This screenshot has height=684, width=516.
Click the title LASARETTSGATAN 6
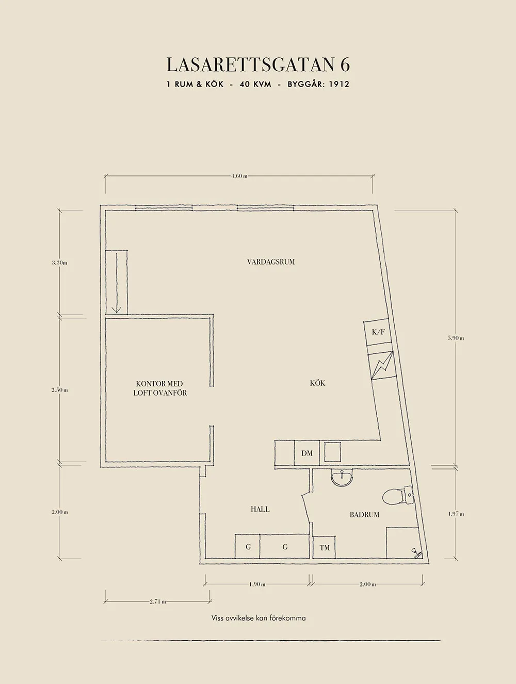click(x=258, y=65)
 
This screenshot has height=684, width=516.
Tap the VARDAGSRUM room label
click(x=271, y=262)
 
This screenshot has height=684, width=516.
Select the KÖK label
click(x=317, y=383)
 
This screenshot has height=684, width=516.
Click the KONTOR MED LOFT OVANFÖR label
click(x=160, y=388)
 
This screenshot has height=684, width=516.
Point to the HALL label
click(x=260, y=509)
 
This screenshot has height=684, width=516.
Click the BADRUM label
click(x=364, y=514)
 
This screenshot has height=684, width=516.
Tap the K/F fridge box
click(x=378, y=332)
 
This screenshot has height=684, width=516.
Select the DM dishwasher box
click(x=307, y=453)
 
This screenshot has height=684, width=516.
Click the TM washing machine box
click(x=324, y=547)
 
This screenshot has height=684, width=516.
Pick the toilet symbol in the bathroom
click(x=395, y=496)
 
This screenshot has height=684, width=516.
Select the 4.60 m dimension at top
click(x=239, y=176)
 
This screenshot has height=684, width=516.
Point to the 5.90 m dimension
click(x=456, y=338)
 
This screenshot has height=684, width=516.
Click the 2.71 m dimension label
click(x=157, y=601)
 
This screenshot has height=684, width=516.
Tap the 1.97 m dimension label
click(x=456, y=514)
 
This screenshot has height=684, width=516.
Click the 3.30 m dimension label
click(x=59, y=263)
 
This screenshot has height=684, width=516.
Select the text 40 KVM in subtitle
click(x=255, y=84)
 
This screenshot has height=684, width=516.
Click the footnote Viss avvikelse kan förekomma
click(x=258, y=618)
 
